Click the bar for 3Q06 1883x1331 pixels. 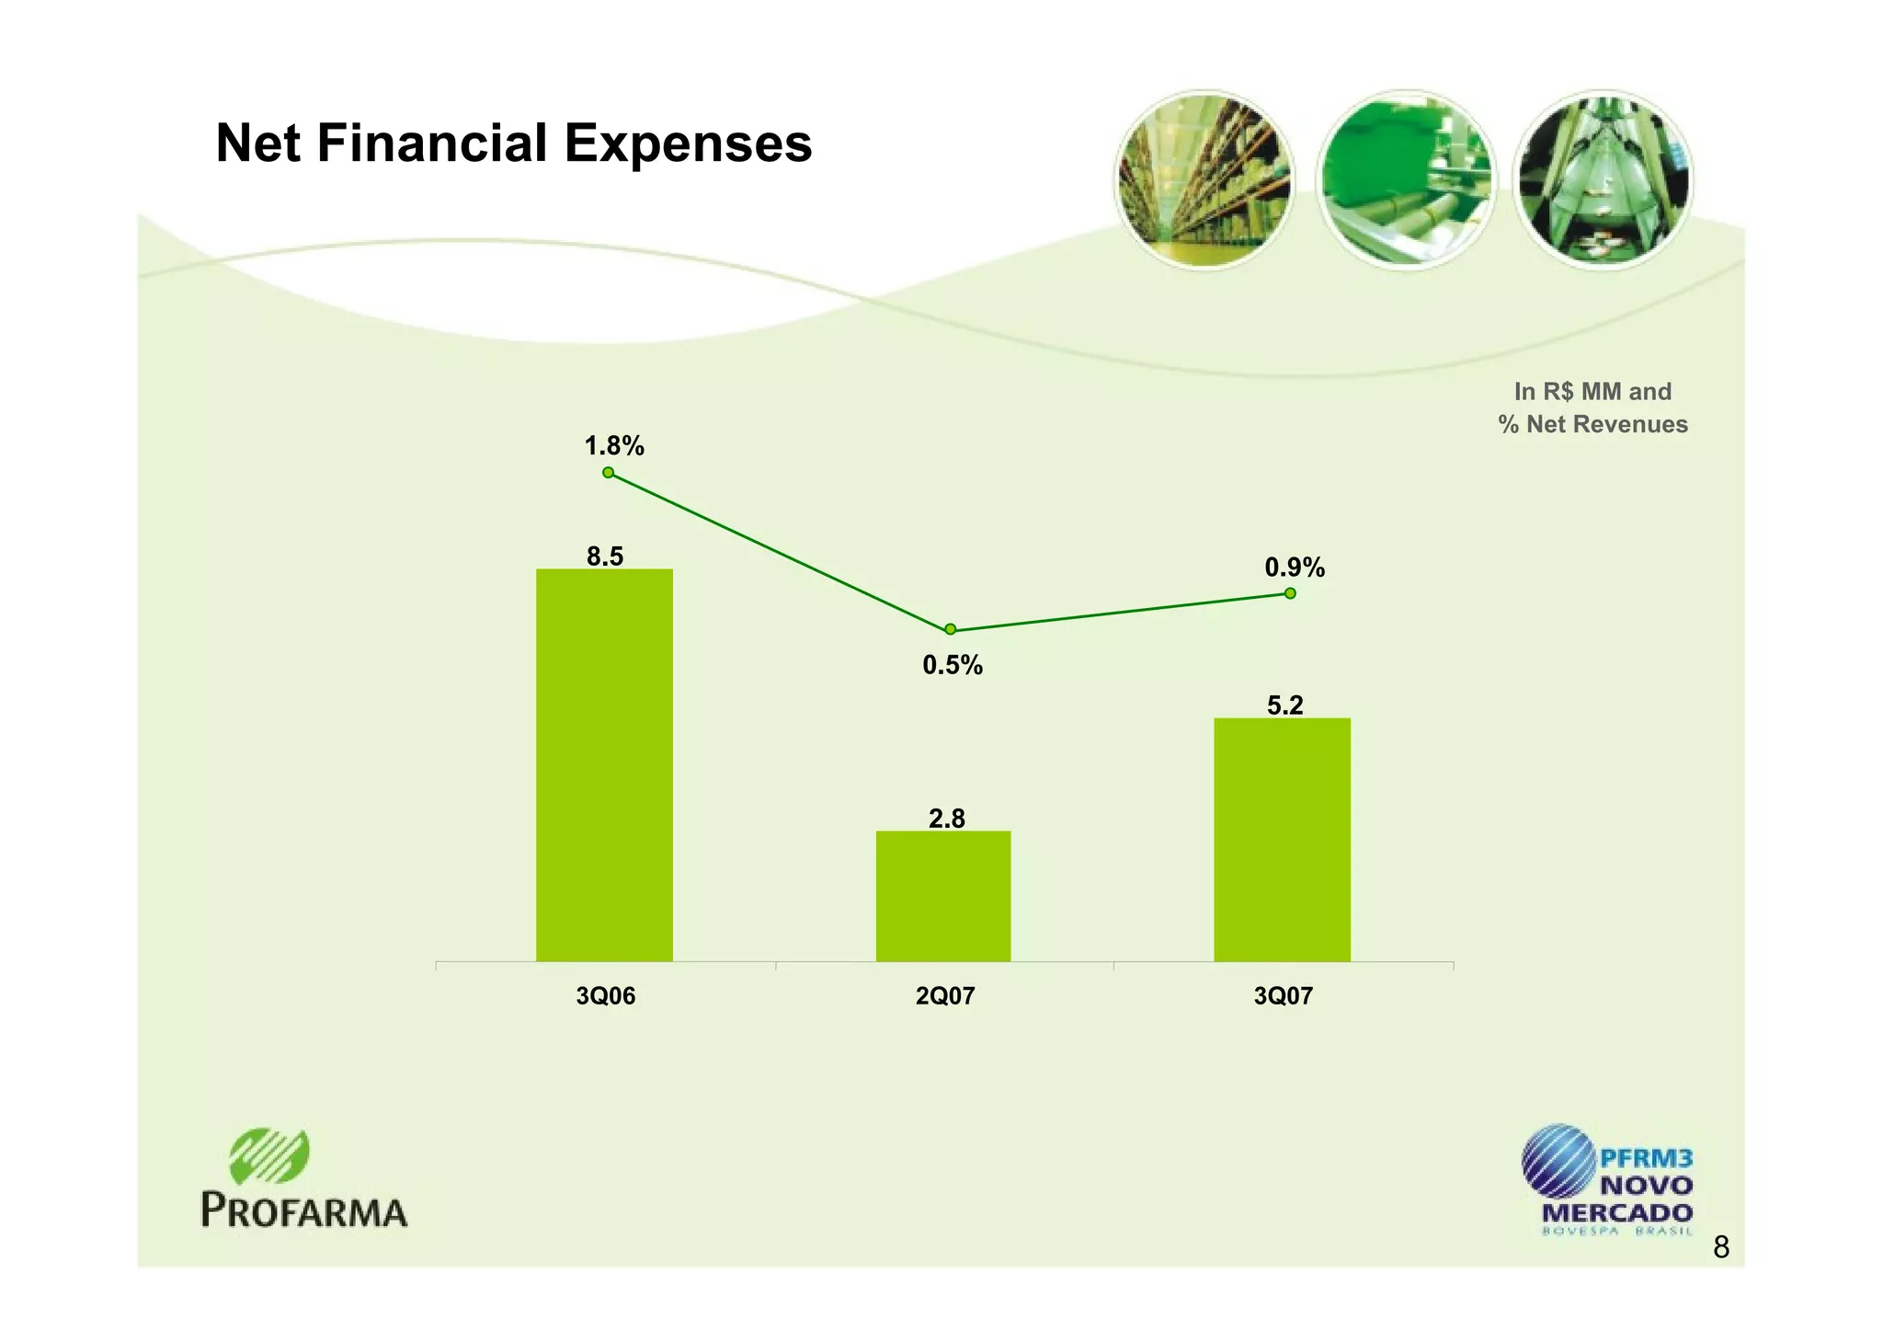coord(604,764)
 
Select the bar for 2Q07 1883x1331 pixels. coord(942,896)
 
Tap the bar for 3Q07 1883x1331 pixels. coord(1282,839)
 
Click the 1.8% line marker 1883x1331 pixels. coord(608,473)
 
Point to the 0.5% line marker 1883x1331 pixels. coord(950,629)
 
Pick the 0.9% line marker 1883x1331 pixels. coord(1290,593)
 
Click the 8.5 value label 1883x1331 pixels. coord(605,556)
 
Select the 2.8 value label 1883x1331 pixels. coord(946,819)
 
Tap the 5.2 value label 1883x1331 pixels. coord(1284,706)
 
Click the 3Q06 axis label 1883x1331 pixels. coord(605,996)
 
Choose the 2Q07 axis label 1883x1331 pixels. coord(944,996)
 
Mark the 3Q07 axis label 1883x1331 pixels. coord(1283,996)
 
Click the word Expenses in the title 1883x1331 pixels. coord(688,144)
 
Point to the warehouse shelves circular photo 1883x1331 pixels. coord(1204,180)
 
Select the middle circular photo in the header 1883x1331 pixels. coord(1405,180)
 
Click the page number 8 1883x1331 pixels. coord(1721,1248)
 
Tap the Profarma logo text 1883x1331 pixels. coord(304,1211)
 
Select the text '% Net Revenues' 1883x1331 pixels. coord(1592,425)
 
